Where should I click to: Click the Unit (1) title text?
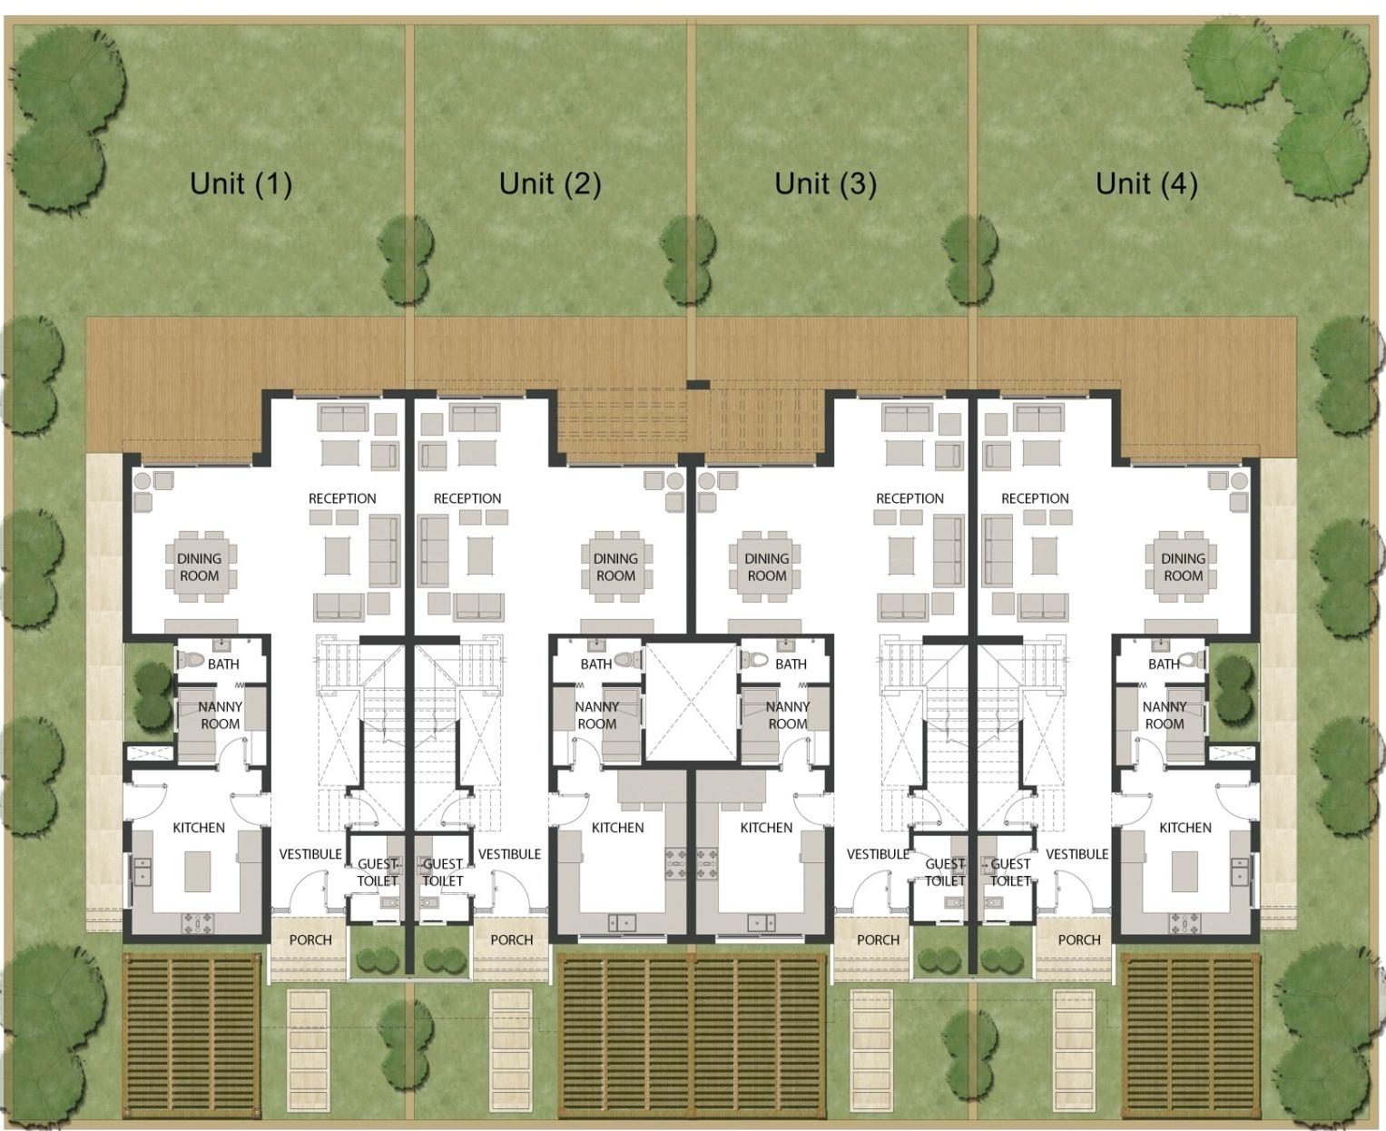[x=241, y=183]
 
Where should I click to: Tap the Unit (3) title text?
[x=825, y=183]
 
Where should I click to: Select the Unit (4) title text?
[x=1146, y=183]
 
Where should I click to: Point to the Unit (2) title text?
[x=550, y=183]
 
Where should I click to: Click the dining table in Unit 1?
[x=199, y=567]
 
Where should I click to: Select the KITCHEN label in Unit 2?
[x=617, y=828]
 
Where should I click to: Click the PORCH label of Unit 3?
[x=878, y=939]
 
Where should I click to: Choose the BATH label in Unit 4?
[x=1163, y=664]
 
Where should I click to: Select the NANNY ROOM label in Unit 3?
[x=787, y=715]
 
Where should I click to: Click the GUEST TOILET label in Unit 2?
[x=443, y=872]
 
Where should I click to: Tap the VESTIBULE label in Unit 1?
[x=310, y=854]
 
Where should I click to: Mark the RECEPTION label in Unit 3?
[x=909, y=498]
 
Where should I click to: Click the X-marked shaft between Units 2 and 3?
[x=692, y=701]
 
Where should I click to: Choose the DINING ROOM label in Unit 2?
[x=615, y=567]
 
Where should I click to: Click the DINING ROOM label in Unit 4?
[x=1183, y=567]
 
